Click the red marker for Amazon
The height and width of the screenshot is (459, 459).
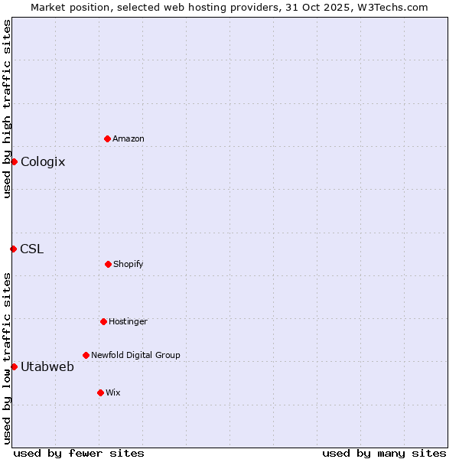pos(107,138)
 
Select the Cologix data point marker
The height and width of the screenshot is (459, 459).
pos(14,161)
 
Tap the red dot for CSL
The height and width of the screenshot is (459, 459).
pos(13,249)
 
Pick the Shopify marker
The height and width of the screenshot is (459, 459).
pos(108,264)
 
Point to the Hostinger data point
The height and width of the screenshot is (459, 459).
pos(103,321)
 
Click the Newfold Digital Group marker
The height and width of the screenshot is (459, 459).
pos(86,355)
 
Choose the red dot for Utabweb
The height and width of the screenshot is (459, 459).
pos(14,366)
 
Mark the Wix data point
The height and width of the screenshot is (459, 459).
pos(100,392)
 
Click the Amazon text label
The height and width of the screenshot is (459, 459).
pos(129,138)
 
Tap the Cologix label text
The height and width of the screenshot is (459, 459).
pos(43,161)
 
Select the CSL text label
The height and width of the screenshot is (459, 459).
pos(32,249)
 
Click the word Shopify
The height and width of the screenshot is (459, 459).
pos(129,264)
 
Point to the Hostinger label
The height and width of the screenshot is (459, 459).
pos(128,321)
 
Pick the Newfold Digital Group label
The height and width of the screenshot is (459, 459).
pos(135,355)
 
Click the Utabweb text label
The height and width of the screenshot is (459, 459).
pos(47,366)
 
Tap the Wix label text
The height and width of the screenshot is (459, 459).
pos(113,392)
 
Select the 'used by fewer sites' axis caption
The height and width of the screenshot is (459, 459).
pos(79,453)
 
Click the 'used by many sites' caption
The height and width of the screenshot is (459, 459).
pos(384,453)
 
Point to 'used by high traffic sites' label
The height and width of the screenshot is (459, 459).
pos(7,109)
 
